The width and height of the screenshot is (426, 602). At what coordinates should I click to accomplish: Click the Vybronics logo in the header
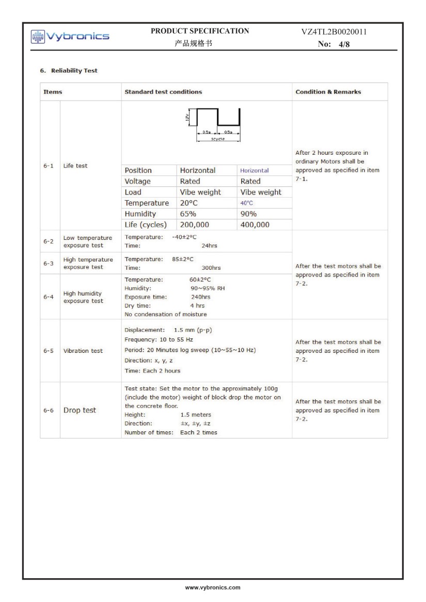[x=70, y=36]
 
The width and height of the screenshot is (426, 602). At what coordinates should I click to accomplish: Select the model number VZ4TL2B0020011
[x=334, y=32]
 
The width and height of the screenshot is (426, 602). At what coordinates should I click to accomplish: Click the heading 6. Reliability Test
[x=69, y=71]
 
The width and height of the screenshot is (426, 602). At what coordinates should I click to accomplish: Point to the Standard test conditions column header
[x=163, y=92]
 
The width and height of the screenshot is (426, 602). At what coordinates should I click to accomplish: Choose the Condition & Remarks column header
[x=328, y=92]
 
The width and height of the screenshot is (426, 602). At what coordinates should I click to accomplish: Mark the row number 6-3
[x=48, y=263]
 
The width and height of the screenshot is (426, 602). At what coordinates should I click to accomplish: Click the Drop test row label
[x=80, y=410]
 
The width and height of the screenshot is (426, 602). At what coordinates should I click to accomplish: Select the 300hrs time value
[x=211, y=268]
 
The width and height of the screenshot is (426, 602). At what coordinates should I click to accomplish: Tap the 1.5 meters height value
[x=196, y=415]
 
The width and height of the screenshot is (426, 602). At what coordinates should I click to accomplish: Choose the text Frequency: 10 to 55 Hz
[x=159, y=340]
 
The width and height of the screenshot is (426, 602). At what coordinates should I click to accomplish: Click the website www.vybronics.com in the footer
[x=213, y=588]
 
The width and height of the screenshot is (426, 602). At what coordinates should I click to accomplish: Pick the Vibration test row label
[x=83, y=351]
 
